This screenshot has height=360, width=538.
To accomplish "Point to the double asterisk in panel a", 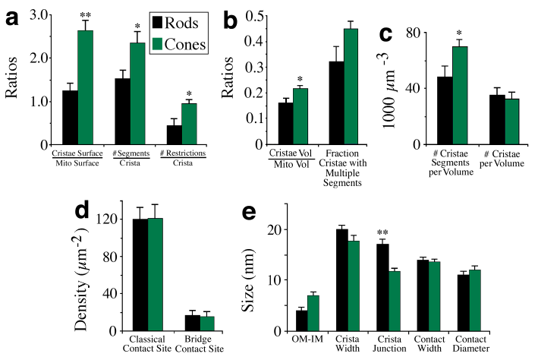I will (x=107, y=14).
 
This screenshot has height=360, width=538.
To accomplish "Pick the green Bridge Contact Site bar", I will (x=206, y=324).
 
